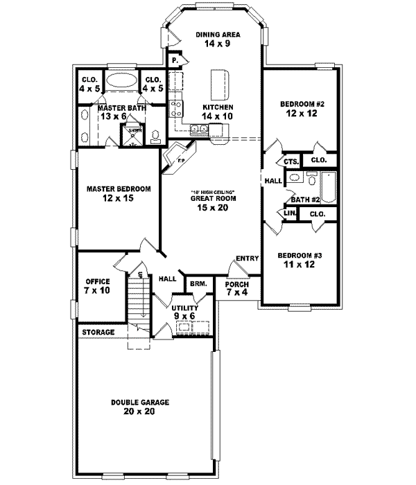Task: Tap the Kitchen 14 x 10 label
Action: (217, 112)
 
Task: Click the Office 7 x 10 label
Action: (98, 285)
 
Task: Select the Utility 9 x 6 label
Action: (184, 312)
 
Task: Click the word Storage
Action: (98, 333)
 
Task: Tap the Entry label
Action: (246, 258)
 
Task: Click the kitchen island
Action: (220, 84)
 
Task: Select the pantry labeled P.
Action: (175, 60)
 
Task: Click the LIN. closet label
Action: (289, 215)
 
